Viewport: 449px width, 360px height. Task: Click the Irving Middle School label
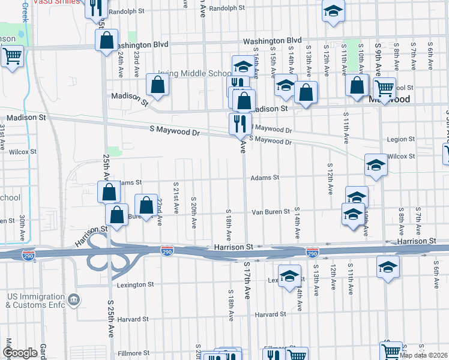(190, 74)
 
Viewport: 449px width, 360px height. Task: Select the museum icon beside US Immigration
(73, 298)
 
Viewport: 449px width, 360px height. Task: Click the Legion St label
(400, 139)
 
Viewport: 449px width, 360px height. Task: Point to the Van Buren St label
(270, 212)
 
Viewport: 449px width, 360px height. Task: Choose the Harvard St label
(270, 314)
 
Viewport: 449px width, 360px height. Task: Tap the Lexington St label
(136, 284)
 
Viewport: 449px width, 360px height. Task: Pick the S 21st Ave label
(176, 199)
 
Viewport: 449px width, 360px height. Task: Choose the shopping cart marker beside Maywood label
(384, 88)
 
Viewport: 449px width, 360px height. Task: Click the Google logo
(20, 353)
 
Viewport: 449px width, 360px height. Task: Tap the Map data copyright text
(423, 355)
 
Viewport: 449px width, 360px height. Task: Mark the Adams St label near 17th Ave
(265, 178)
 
